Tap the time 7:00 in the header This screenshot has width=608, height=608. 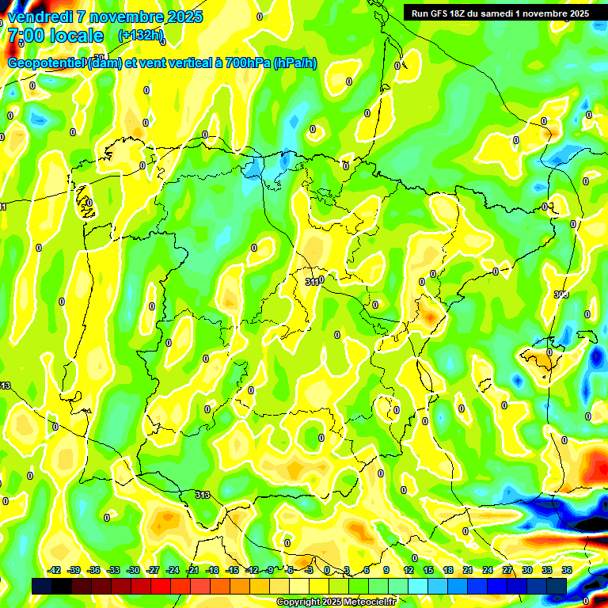[28, 36]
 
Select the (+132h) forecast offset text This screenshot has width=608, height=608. [141, 36]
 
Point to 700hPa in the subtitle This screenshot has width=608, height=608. [245, 63]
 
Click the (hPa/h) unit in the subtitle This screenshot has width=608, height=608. [295, 63]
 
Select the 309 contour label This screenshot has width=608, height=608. [561, 294]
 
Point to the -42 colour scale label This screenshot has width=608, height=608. [55, 570]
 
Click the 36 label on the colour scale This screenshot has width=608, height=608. [567, 570]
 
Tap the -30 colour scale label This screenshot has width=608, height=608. [133, 570]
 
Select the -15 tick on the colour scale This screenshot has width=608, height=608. [232, 570]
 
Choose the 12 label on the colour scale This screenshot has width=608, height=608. [408, 570]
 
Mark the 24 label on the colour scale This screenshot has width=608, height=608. [488, 570]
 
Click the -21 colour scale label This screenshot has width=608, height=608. [192, 570]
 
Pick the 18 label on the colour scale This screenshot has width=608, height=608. [448, 570]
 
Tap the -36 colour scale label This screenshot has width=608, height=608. [93, 570]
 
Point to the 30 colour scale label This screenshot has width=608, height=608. [527, 570]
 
